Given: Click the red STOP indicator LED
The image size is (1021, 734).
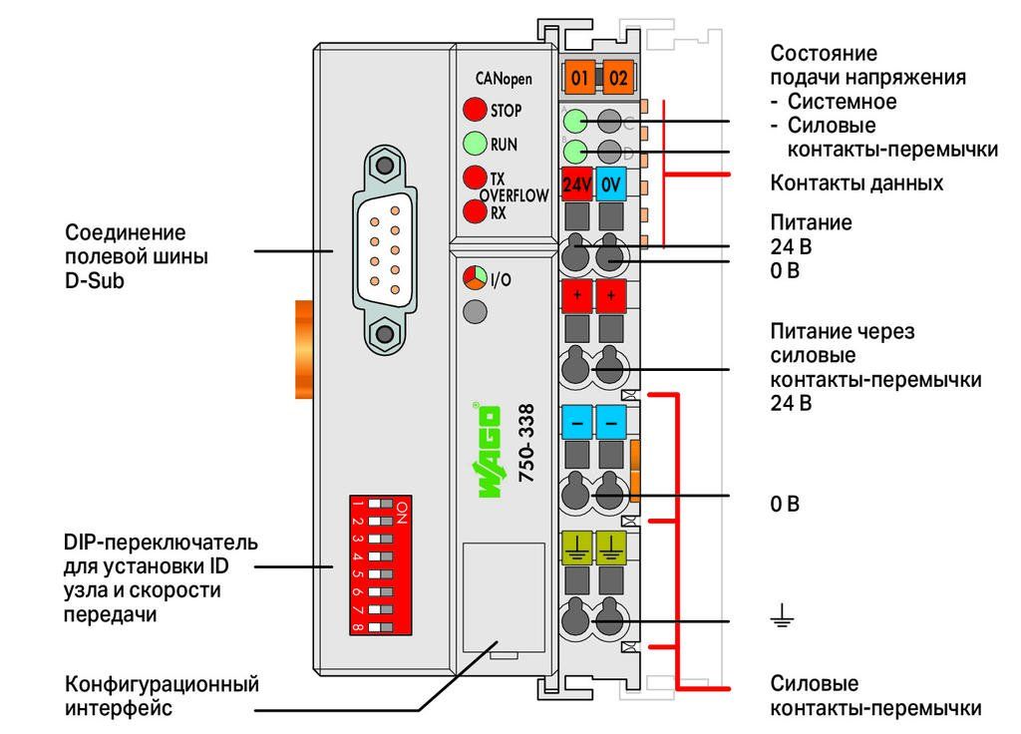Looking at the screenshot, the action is (475, 110).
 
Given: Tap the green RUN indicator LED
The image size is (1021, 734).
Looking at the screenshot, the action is (475, 144).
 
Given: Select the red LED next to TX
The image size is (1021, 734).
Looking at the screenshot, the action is (475, 178).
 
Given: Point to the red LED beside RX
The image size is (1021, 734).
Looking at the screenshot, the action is (475, 211).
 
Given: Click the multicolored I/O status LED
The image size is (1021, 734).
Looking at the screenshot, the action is (475, 278).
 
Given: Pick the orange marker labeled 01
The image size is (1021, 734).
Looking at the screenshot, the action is (579, 78).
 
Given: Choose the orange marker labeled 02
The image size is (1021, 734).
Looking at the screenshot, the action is (618, 78).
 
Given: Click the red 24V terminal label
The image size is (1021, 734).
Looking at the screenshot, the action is (576, 184).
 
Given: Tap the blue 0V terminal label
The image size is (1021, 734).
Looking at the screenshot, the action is (611, 184).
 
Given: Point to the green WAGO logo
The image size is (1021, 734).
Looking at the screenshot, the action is (489, 450).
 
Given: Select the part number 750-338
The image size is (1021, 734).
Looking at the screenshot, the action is (526, 443).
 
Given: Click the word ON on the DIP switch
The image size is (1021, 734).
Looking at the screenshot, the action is (402, 512).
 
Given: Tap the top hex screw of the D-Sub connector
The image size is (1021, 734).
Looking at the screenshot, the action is (385, 165).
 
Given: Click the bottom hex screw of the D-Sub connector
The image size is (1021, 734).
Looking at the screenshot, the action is (385, 334).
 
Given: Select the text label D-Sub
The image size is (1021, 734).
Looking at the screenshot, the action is (95, 280).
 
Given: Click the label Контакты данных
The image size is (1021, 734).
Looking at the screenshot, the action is (856, 183).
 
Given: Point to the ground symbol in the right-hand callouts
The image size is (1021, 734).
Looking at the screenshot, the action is (782, 614).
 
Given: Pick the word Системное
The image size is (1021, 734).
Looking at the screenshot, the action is (842, 102).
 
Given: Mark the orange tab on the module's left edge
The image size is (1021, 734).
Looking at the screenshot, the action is (305, 349).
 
